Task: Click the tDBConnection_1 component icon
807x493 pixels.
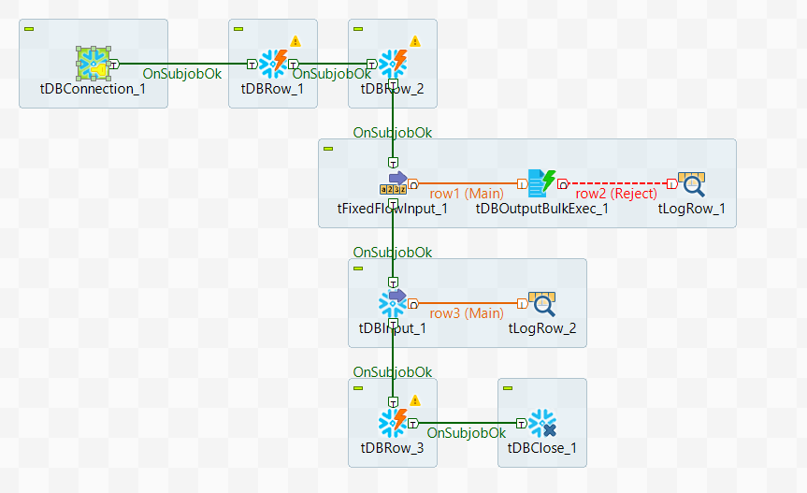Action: click(x=94, y=64)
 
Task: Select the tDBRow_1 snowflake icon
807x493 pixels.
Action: click(x=273, y=64)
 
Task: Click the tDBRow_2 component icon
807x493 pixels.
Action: click(x=393, y=64)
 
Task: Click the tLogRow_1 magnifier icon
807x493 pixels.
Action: click(x=692, y=183)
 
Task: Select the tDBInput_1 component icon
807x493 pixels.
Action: click(x=393, y=303)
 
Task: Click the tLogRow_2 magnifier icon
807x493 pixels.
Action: click(x=542, y=303)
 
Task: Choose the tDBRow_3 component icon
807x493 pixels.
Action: click(x=393, y=423)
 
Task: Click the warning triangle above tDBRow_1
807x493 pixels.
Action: click(x=295, y=40)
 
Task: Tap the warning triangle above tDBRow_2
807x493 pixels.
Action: click(x=415, y=40)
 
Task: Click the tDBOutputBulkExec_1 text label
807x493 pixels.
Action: click(x=542, y=209)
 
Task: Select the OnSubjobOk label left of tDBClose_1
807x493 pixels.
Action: click(x=467, y=433)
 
